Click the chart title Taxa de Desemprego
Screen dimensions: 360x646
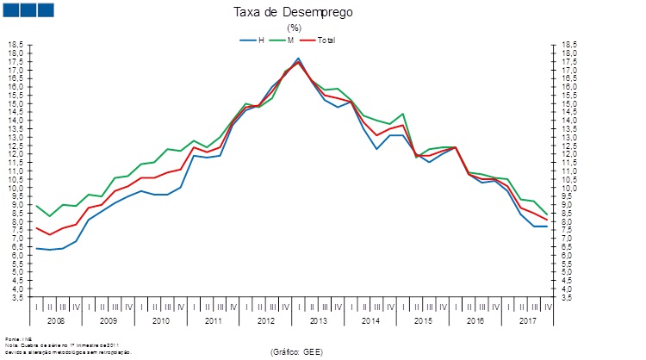click(294, 13)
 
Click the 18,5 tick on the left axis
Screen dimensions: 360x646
click(16, 45)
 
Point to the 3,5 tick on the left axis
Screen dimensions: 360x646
click(16, 297)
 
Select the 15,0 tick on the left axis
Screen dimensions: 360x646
click(16, 103)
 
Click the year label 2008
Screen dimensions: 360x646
click(56, 320)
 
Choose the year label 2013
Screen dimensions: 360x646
click(318, 320)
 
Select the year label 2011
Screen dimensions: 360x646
click(213, 320)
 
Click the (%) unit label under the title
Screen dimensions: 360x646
click(294, 28)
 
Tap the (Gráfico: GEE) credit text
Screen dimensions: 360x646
click(296, 351)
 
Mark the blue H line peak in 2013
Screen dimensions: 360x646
click(298, 59)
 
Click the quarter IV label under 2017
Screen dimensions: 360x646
click(547, 306)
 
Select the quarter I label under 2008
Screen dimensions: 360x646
click(36, 306)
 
